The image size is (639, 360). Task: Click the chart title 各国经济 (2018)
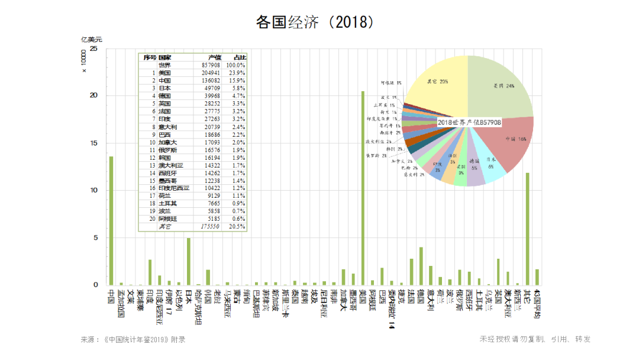point(315,22)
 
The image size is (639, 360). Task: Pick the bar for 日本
point(189,261)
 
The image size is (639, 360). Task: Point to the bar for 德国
point(421,266)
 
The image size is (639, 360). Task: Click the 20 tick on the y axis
point(93,96)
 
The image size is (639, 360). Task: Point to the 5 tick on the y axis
point(95,238)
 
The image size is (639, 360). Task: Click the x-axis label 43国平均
point(537,304)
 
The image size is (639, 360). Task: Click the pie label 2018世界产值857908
point(470,122)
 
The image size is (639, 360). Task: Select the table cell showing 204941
point(211,73)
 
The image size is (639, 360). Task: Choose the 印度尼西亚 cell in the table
point(174,188)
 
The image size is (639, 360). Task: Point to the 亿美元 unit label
point(92,39)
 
